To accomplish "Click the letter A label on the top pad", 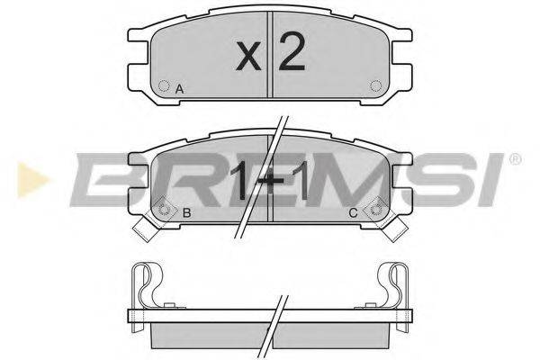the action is pos(179,89).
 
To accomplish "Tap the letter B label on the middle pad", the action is pos(186,213).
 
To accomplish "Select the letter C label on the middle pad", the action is pos(353,213).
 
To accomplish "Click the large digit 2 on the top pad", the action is pos(292,51).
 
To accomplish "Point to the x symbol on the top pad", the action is pos(249,56).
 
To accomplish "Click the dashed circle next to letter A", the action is pos(164,85).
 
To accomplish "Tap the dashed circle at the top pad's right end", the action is pos(375,85).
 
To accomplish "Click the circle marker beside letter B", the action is pos(164,209).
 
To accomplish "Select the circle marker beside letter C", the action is pos(375,209).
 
